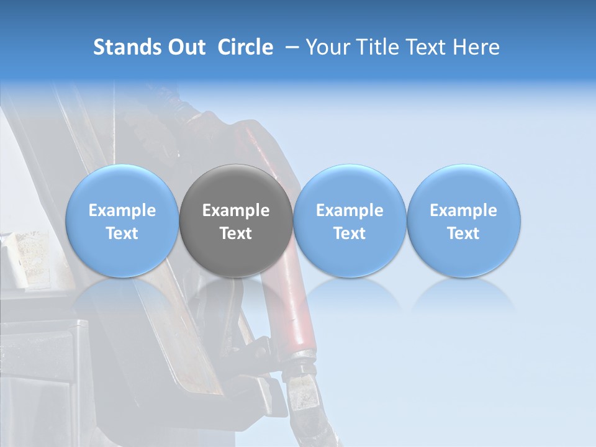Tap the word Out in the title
point(186,47)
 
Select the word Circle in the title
point(245,47)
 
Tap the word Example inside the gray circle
point(236,210)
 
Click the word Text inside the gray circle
point(236,233)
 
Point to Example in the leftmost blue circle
point(122,210)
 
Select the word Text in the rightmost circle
point(464,233)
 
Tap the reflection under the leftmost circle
point(122,295)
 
